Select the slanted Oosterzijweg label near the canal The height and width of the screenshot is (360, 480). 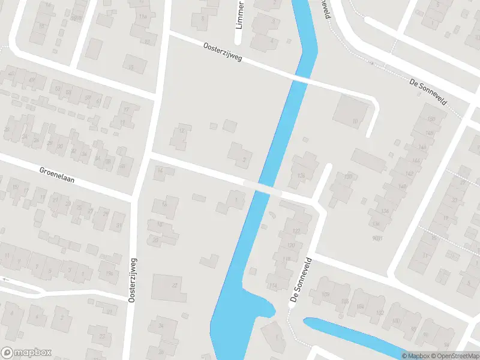coord(222,53)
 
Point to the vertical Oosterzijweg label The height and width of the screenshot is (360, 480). coord(132,280)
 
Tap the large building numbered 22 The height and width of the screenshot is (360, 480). coord(167,287)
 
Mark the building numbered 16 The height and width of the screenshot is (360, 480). coord(164,206)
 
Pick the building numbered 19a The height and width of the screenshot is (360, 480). coord(109,273)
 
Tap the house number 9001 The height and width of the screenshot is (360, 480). coord(377,238)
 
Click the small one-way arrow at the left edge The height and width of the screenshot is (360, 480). coord(5,280)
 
